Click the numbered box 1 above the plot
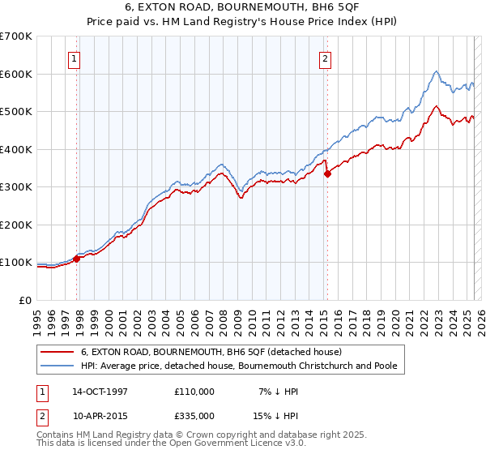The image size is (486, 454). point(74,58)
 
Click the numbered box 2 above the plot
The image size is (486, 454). point(325,58)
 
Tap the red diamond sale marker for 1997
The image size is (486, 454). point(77,259)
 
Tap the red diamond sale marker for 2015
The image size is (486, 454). point(327,173)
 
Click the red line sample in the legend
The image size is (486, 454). point(58,352)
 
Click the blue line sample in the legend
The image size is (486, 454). point(58,366)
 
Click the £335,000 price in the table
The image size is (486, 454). point(194,416)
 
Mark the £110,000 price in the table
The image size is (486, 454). point(194,392)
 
